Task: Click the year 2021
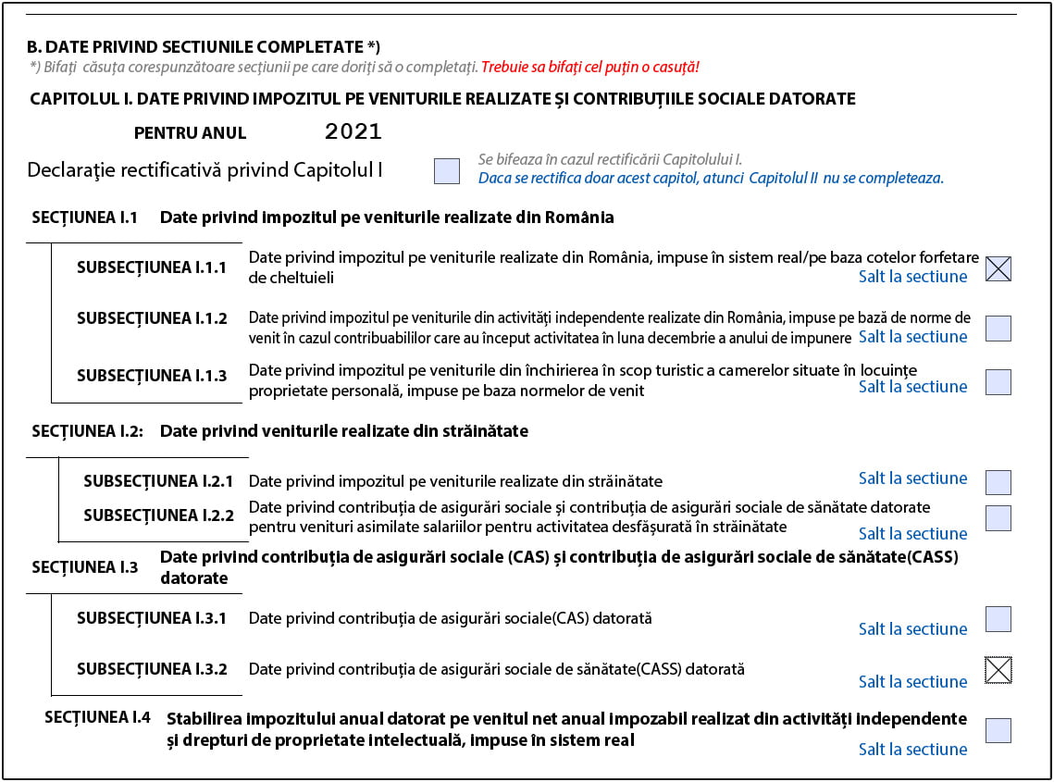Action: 353,131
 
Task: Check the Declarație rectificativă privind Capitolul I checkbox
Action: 447,171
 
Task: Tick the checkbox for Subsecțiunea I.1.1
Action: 998,268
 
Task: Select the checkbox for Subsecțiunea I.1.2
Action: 998,329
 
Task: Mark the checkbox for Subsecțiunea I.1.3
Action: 998,382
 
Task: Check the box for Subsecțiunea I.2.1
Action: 998,482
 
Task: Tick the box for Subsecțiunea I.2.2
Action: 998,518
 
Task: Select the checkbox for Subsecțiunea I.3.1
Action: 998,619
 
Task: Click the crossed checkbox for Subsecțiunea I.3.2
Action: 998,670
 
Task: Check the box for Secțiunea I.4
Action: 998,730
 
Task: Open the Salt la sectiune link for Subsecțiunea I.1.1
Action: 912,277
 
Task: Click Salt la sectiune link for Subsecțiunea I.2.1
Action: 912,478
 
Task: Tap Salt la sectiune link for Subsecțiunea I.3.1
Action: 912,629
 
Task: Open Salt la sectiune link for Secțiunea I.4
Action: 912,750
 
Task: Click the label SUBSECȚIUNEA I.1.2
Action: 152,318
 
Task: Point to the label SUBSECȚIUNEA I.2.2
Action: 158,515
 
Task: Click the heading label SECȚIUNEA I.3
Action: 85,567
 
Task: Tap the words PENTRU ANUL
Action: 191,133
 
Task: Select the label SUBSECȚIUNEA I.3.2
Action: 152,669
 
